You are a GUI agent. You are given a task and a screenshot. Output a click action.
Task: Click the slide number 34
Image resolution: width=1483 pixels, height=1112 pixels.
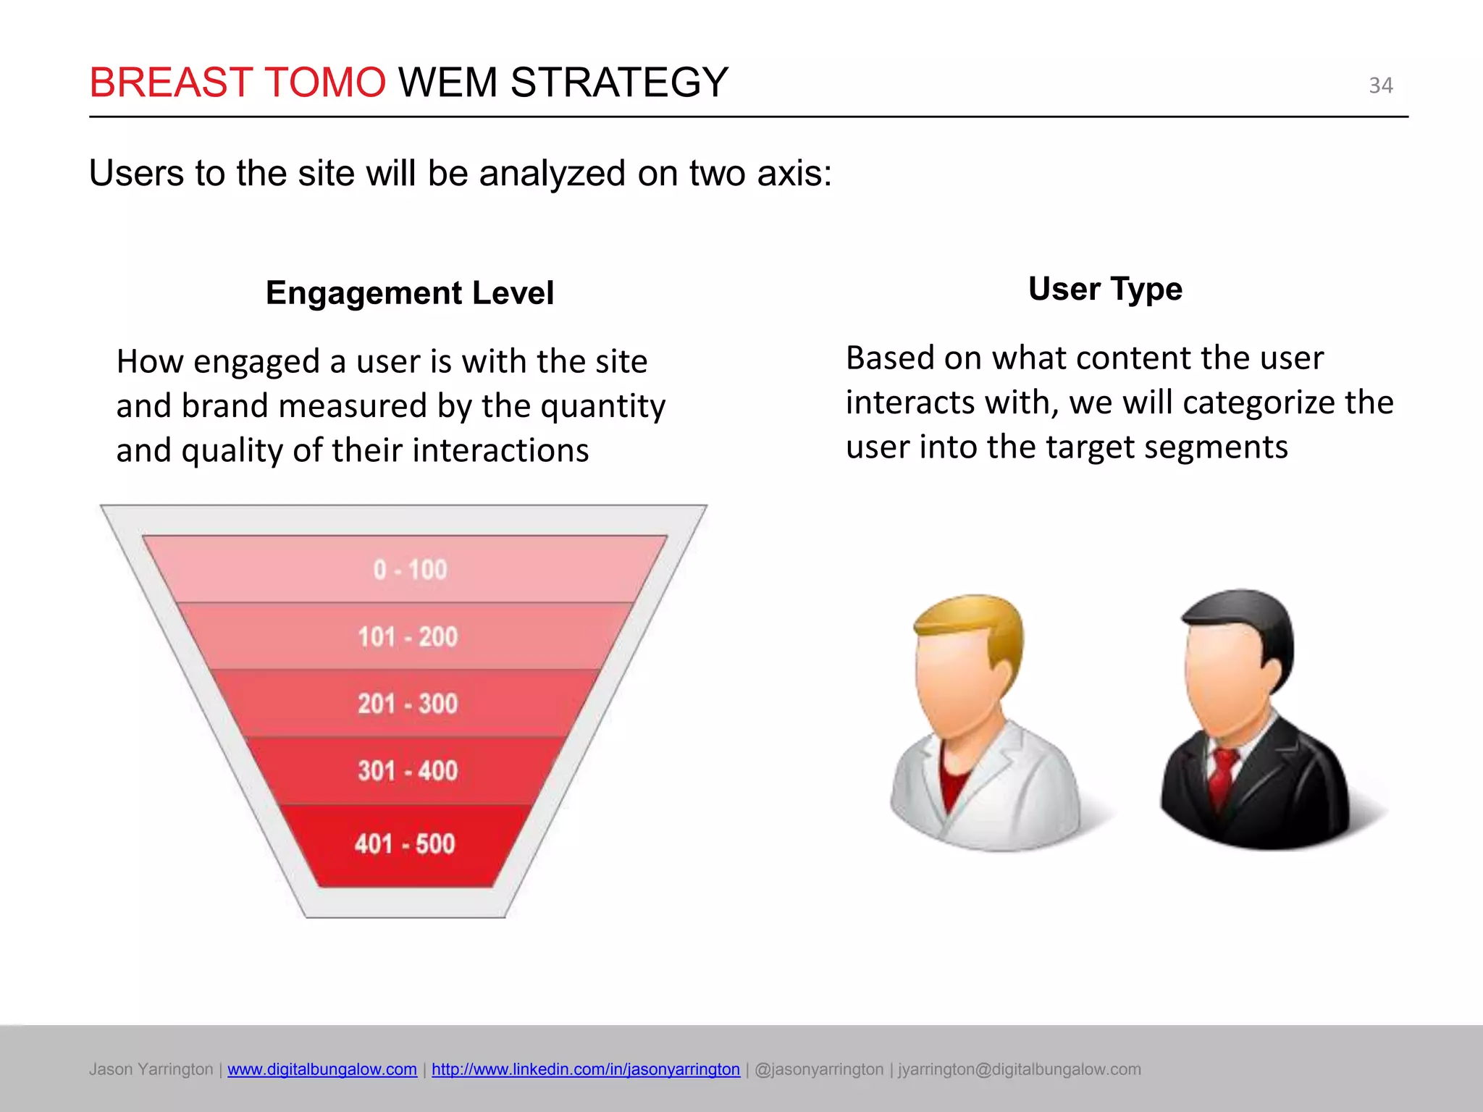(x=1380, y=85)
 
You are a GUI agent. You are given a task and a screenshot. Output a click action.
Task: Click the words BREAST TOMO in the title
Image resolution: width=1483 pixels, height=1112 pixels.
(x=238, y=82)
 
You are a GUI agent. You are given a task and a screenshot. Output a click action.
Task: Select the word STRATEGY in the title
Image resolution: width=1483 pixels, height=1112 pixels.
(x=619, y=82)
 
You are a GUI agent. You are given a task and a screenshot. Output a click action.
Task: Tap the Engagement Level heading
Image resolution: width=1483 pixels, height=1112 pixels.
(x=409, y=293)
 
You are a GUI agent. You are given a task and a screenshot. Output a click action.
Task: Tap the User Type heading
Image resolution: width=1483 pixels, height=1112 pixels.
(x=1105, y=289)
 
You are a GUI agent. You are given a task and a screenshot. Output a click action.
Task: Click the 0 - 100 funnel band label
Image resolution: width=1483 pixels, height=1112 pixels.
(x=410, y=570)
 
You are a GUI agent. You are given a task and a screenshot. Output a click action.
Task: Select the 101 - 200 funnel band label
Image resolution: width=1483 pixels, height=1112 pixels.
(x=408, y=637)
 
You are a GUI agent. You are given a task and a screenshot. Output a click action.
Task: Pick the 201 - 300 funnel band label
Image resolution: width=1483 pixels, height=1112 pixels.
(x=408, y=704)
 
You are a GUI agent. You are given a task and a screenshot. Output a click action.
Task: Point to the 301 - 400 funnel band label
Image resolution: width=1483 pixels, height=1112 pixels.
(x=408, y=770)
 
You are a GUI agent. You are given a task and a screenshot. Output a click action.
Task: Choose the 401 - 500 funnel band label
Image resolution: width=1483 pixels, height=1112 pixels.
(x=405, y=844)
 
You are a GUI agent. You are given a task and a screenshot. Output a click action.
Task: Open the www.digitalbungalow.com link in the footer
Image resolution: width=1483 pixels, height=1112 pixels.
(x=322, y=1069)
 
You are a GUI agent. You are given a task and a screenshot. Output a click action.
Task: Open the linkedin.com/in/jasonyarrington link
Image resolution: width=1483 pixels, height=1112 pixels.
(x=586, y=1069)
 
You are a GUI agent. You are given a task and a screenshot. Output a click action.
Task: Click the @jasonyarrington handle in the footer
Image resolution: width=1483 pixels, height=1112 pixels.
(x=819, y=1069)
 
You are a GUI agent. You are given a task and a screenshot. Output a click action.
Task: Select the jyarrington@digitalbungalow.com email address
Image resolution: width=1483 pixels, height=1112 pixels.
(x=1020, y=1069)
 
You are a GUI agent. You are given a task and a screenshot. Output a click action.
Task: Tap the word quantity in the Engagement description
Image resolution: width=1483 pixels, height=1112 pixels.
(x=602, y=406)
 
